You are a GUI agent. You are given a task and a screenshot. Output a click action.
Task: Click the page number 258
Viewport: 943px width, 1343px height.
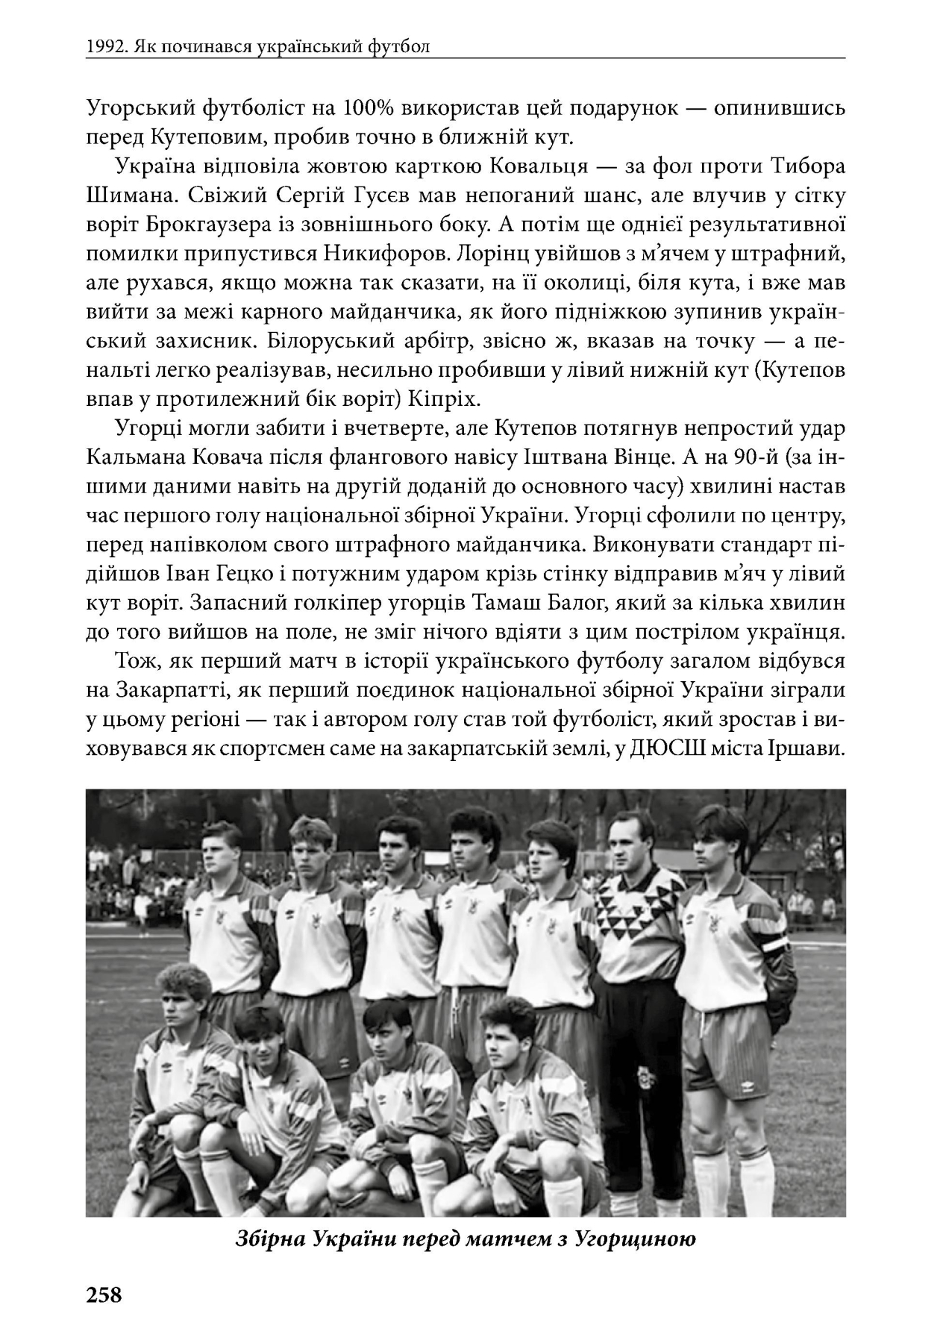click(104, 1295)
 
